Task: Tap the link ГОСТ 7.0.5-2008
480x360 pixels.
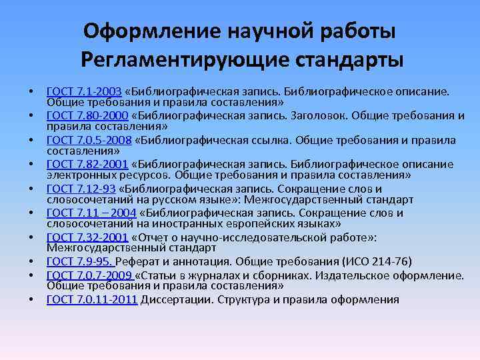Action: click(x=89, y=140)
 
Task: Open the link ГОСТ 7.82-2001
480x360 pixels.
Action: click(x=86, y=164)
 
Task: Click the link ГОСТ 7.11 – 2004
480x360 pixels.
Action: click(x=91, y=213)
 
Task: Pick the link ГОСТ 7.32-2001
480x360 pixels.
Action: click(x=86, y=237)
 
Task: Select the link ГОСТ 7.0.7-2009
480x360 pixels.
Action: click(x=89, y=275)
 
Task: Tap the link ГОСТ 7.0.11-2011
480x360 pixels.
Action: click(x=91, y=299)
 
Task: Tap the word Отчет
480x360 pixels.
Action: click(x=154, y=237)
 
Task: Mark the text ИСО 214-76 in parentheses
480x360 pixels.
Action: click(x=380, y=261)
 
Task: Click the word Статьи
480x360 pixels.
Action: click(x=161, y=275)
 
